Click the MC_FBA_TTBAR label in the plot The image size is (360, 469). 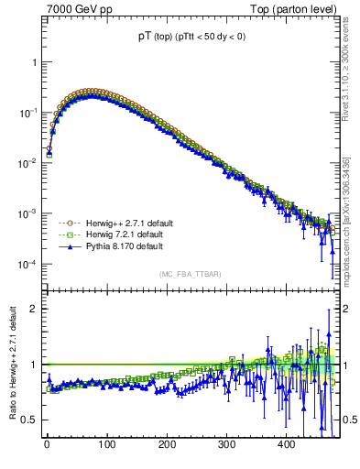(191, 275)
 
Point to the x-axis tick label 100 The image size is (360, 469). (106, 444)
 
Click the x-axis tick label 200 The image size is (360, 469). (166, 444)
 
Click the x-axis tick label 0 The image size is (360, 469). (47, 444)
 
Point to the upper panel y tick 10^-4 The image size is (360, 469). (26, 264)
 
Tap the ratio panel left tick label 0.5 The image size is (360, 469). (29, 420)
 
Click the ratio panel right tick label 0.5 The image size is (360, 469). (350, 420)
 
